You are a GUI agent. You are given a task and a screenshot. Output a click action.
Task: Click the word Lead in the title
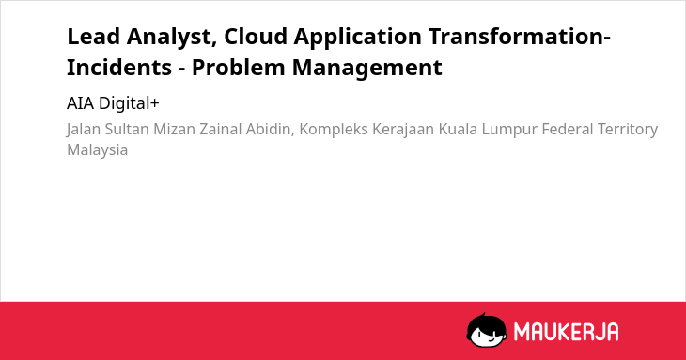coord(93,37)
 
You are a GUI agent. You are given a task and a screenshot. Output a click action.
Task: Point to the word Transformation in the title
coord(517,37)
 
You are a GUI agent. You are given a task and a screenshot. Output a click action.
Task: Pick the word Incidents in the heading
coord(119,68)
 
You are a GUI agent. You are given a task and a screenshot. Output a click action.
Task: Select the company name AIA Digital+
coord(113,103)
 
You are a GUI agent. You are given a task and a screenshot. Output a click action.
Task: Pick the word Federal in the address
coord(568,130)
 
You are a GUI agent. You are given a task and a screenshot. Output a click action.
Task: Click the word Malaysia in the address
coord(97,150)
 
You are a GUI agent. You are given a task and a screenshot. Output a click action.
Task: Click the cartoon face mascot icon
coord(487,330)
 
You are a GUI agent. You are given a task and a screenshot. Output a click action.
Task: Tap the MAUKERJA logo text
coord(566,331)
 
